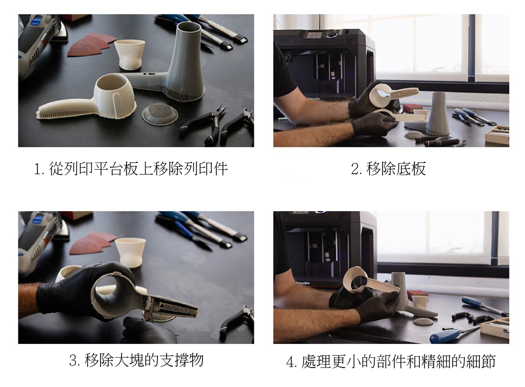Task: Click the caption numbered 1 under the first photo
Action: coord(131,169)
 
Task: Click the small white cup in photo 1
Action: coord(130,53)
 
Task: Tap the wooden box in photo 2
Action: coord(498,136)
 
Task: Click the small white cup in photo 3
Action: coord(130,252)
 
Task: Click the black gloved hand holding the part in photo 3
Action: coord(77,291)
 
